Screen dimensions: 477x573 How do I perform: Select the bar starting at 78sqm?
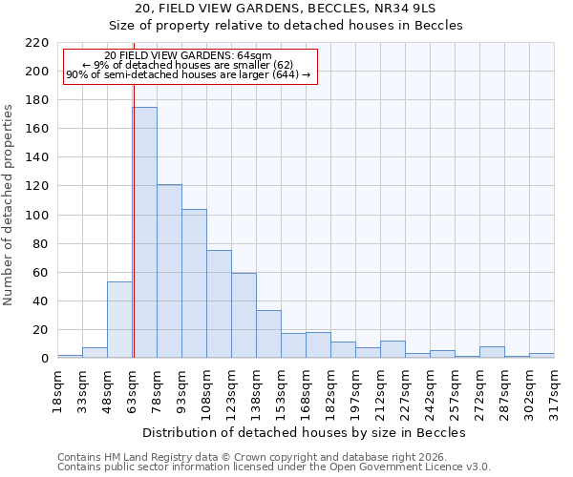(x=169, y=271)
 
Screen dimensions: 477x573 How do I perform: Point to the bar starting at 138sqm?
(x=268, y=334)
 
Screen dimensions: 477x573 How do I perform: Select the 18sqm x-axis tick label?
(x=57, y=389)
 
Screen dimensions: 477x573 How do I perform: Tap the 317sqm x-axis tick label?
(x=554, y=389)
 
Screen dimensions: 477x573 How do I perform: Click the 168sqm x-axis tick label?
(x=306, y=389)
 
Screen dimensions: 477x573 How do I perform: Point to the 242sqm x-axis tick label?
(x=430, y=389)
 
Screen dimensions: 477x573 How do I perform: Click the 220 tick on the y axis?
(x=37, y=43)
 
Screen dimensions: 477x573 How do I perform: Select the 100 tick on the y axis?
(x=37, y=215)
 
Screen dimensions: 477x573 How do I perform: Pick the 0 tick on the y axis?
(x=45, y=359)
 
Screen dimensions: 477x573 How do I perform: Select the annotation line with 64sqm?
(x=188, y=56)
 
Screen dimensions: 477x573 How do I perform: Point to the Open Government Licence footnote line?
(x=274, y=467)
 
